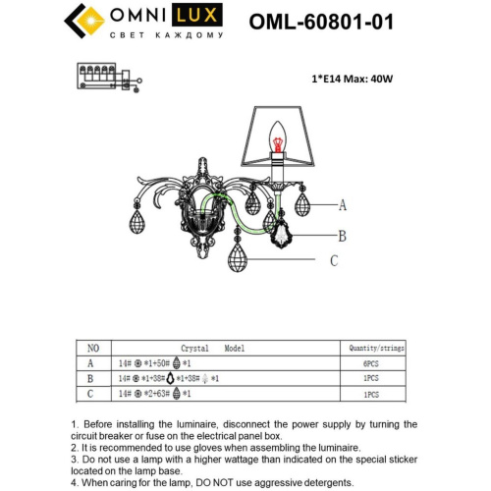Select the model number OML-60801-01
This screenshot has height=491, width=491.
[321, 22]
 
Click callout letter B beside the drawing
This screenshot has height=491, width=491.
[343, 236]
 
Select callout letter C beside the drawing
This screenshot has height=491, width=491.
[333, 260]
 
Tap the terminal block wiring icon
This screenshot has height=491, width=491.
[103, 76]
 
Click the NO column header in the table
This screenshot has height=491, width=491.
[93, 348]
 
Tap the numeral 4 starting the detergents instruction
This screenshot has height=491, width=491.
[75, 483]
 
